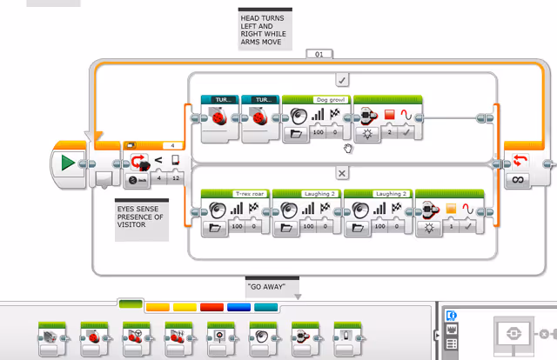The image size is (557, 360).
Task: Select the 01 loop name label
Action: point(319,55)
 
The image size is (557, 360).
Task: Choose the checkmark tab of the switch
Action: point(343,79)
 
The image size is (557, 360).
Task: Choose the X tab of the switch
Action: point(343,173)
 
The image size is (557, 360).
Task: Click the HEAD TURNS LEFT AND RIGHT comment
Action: point(265,28)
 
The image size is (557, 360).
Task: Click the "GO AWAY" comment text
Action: point(272,286)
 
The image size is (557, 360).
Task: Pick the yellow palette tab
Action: point(185,307)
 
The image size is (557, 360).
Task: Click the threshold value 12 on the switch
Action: point(177,179)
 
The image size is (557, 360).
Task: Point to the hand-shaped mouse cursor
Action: point(348,149)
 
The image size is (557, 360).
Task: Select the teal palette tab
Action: point(265,307)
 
